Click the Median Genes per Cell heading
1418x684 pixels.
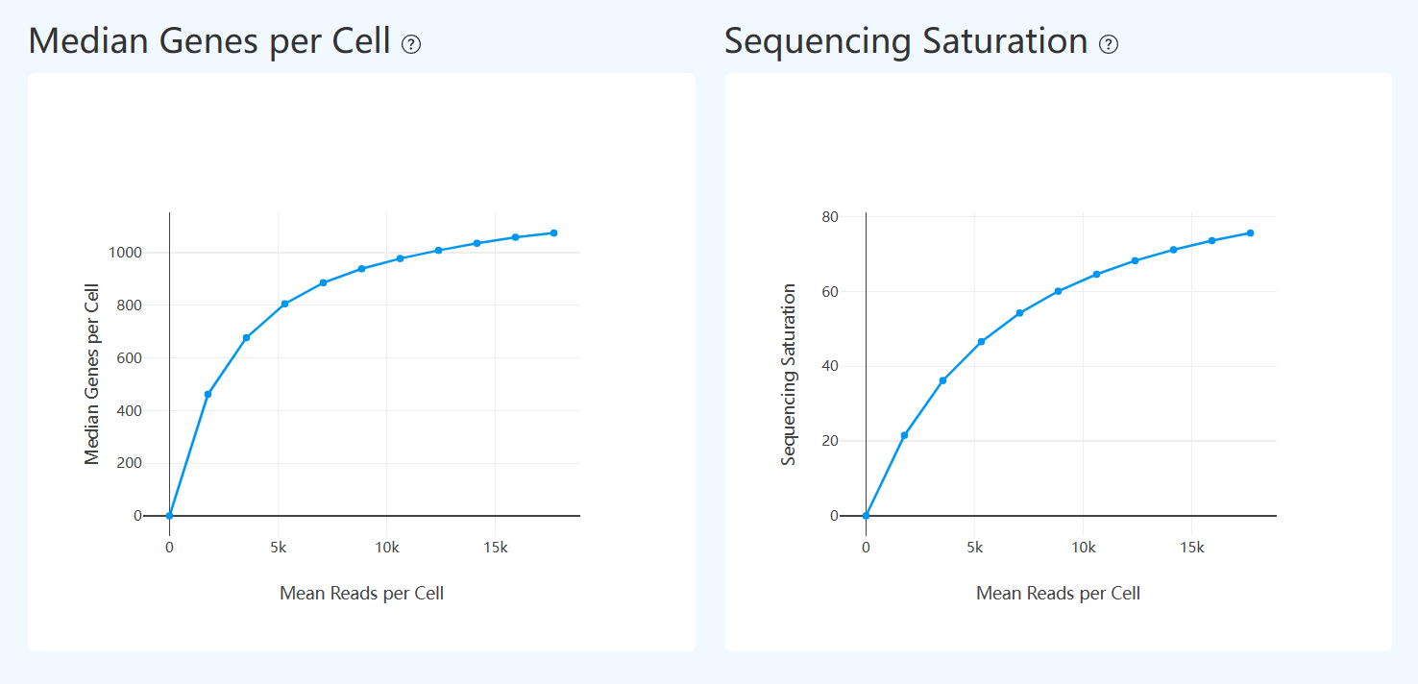(209, 41)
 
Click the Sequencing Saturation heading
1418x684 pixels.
(905, 41)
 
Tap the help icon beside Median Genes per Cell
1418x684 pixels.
(411, 44)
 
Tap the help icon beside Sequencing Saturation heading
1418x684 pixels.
(1109, 44)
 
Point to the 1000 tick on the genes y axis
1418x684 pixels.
(124, 253)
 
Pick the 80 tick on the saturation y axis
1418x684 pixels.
(830, 217)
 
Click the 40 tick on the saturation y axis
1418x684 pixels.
(830, 366)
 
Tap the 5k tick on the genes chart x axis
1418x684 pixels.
(278, 548)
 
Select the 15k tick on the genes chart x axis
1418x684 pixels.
(495, 548)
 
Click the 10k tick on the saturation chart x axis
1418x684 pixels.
(1083, 548)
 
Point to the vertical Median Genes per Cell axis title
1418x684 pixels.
(92, 374)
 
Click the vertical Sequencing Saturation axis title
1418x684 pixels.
(789, 374)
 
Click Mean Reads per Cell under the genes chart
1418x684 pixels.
(361, 593)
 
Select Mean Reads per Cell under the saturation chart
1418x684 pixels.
(1058, 593)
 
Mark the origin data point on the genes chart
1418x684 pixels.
(169, 516)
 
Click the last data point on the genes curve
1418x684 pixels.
(553, 232)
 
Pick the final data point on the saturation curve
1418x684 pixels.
(1250, 232)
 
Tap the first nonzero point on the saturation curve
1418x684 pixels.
(904, 435)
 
